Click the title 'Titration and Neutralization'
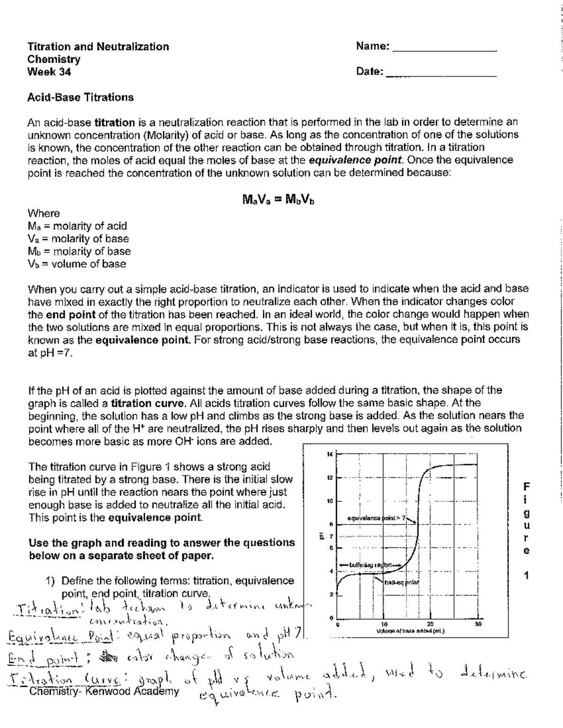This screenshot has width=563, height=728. (x=98, y=46)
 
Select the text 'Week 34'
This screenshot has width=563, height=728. (x=49, y=72)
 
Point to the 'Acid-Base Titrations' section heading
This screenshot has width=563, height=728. (x=80, y=98)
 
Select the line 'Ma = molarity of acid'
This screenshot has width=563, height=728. (x=77, y=226)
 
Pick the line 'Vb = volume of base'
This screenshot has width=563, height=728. (x=77, y=264)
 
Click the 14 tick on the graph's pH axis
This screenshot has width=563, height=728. (x=329, y=454)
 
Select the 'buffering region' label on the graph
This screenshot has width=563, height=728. (x=373, y=565)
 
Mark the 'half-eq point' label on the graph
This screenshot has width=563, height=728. (x=401, y=582)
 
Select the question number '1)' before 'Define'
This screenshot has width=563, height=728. (x=51, y=581)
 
